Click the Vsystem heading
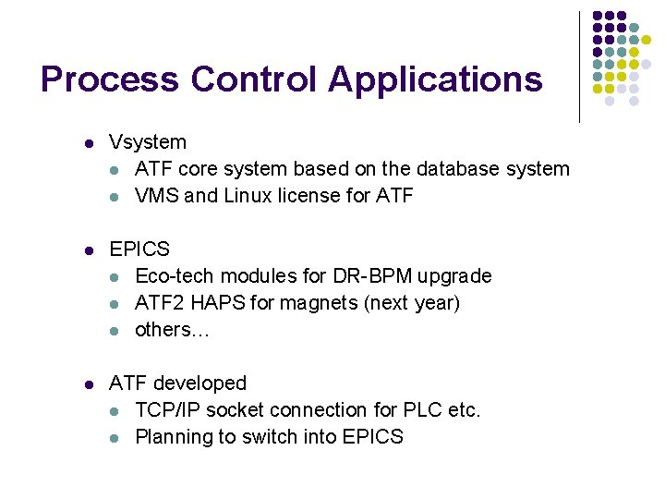tap(148, 143)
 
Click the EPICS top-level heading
tap(139, 249)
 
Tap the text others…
tap(172, 330)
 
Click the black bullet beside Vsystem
tap(88, 144)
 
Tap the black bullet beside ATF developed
tap(88, 384)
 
